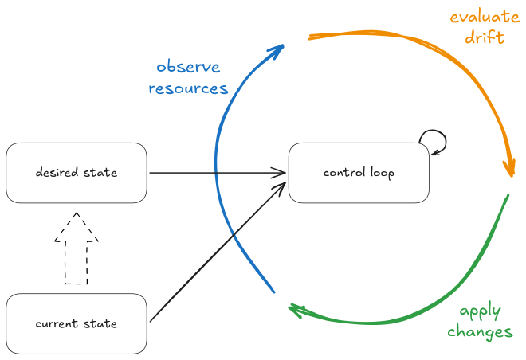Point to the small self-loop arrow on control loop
pos(434,141)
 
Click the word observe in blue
pos(188,67)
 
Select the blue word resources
pos(188,88)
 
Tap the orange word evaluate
pos(481,17)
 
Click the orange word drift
pos(483,37)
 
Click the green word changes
pos(480,332)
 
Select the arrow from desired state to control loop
pos(215,173)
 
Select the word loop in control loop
pos(380,173)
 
